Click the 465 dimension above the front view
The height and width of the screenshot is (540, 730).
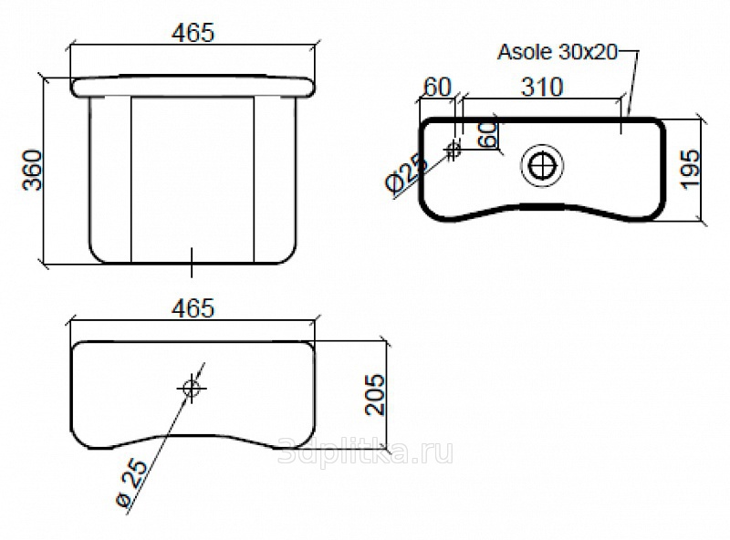[x=193, y=33]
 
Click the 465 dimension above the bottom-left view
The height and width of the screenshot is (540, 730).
[x=193, y=308]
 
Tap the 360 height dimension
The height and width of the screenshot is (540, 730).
[x=33, y=170]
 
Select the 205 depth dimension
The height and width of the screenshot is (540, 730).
[x=375, y=394]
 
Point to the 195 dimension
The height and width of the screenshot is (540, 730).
[x=691, y=169]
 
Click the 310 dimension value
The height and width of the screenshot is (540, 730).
[x=542, y=87]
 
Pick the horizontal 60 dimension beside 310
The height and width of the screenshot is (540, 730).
[x=438, y=87]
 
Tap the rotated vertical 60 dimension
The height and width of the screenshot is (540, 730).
[x=488, y=135]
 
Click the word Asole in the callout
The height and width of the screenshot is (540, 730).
[x=525, y=52]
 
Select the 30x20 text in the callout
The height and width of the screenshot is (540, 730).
[x=588, y=52]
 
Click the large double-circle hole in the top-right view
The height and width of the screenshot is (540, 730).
[x=542, y=166]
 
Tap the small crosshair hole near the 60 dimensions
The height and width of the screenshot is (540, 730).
[x=453, y=151]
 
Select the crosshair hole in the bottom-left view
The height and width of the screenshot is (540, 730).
[x=192, y=388]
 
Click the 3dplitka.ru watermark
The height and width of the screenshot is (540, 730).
[x=366, y=452]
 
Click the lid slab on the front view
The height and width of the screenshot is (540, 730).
[x=193, y=87]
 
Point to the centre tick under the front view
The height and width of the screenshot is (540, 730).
[x=192, y=263]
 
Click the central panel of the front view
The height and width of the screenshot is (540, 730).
[x=193, y=180]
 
